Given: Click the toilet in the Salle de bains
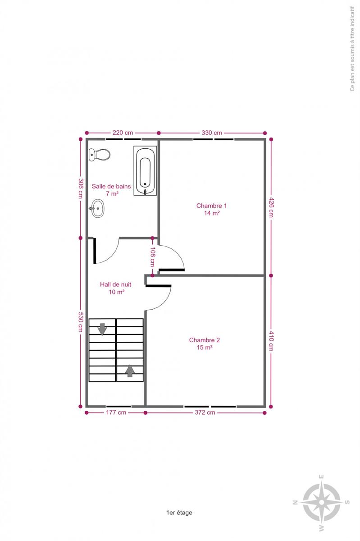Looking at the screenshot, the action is click(99, 155).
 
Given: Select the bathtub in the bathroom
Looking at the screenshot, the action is click(145, 170).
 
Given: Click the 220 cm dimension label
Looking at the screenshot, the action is click(123, 133).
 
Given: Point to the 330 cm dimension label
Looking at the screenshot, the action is click(212, 133).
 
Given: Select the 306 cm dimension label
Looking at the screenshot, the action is click(81, 188).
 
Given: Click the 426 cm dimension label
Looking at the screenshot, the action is click(271, 207).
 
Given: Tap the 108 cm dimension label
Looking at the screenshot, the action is click(153, 257).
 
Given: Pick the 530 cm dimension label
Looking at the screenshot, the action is click(81, 322).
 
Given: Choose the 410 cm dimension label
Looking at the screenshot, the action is click(271, 341).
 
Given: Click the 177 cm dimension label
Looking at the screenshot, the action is click(116, 412).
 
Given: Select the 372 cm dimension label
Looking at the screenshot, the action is click(205, 412).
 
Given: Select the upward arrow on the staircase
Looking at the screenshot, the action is click(130, 371).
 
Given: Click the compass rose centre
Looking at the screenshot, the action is click(321, 502).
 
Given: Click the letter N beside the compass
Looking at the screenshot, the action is click(295, 502).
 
